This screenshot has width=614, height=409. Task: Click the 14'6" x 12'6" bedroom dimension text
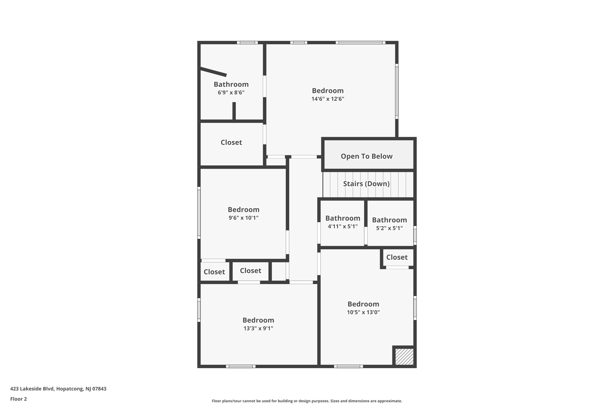tap(328, 99)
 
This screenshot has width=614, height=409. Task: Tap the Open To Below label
tap(366, 156)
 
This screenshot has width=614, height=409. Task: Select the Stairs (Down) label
tap(366, 184)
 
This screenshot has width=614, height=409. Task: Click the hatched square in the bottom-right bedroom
tap(404, 357)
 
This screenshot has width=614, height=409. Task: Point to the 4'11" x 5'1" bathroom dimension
tap(343, 227)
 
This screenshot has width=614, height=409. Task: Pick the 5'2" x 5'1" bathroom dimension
tap(389, 228)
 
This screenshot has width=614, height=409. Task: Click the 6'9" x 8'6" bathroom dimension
tap(231, 93)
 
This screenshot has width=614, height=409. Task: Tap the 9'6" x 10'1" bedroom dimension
tap(243, 218)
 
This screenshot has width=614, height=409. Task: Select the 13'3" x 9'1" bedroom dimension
tap(258, 328)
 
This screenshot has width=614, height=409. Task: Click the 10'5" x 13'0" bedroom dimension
tap(363, 312)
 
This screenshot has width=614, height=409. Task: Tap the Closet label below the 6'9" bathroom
tap(231, 142)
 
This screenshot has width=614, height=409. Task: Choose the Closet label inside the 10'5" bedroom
tap(397, 257)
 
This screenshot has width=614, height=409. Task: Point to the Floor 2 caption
tap(19, 399)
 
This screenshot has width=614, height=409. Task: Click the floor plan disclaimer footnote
tap(307, 401)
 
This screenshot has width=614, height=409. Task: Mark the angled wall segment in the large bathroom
tap(213, 72)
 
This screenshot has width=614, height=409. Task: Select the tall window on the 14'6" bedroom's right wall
tap(397, 91)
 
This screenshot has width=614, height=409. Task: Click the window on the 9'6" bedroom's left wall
tap(199, 213)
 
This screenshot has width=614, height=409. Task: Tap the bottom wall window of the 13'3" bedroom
tap(241, 366)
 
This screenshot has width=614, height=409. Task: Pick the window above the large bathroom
tap(247, 43)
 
